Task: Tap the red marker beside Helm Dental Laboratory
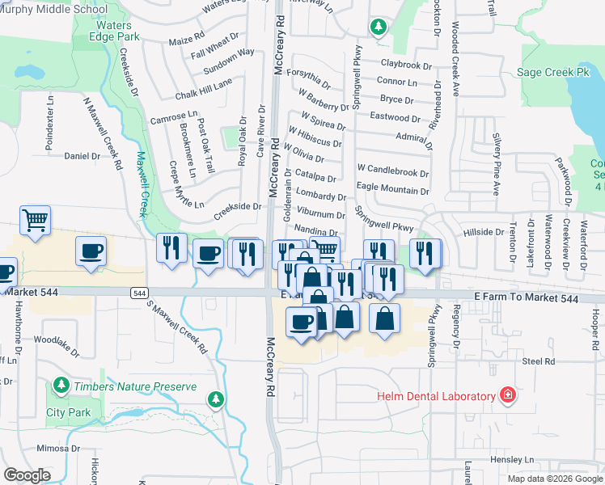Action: (x=507, y=395)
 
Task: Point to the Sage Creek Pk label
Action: (x=553, y=72)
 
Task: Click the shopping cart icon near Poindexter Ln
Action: (x=36, y=220)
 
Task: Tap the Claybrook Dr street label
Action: (x=402, y=63)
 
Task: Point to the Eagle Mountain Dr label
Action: (x=393, y=190)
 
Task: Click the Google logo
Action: (x=27, y=475)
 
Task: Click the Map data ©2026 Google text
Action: (x=555, y=479)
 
